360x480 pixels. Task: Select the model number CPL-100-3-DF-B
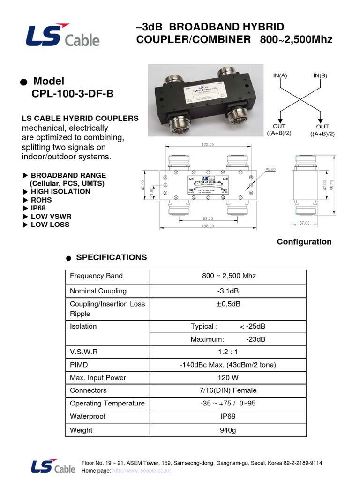[x=73, y=94]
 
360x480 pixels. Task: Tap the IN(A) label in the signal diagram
[x=280, y=75]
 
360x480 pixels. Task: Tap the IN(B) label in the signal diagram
[x=321, y=75]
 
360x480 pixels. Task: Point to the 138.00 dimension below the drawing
[x=208, y=226]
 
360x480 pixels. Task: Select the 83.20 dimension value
[x=208, y=218]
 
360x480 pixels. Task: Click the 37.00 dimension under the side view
[x=305, y=224]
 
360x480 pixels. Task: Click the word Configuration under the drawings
[x=304, y=242]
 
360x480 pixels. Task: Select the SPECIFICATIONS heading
[x=111, y=257]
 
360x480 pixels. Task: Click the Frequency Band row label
[x=96, y=276]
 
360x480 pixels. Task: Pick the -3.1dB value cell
[x=228, y=291]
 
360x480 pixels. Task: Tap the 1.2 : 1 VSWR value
[x=228, y=351]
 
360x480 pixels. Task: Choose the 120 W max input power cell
[x=228, y=378]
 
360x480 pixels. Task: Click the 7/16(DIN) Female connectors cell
[x=228, y=390]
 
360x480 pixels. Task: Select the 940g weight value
[x=228, y=430]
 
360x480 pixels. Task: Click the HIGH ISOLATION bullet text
[x=60, y=191]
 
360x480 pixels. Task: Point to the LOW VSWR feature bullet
[x=50, y=216]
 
